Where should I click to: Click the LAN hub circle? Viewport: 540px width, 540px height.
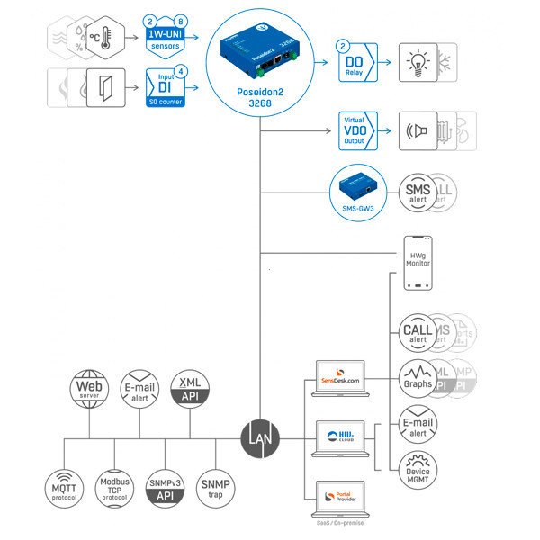(x=261, y=437)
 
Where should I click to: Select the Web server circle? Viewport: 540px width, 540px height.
(x=89, y=388)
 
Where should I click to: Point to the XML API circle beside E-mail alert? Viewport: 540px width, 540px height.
(x=190, y=388)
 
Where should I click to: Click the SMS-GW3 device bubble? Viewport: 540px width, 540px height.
(x=358, y=190)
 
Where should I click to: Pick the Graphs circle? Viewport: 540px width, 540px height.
(x=418, y=375)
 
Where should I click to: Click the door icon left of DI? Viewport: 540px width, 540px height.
(x=106, y=87)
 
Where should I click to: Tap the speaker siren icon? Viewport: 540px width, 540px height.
(x=418, y=131)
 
